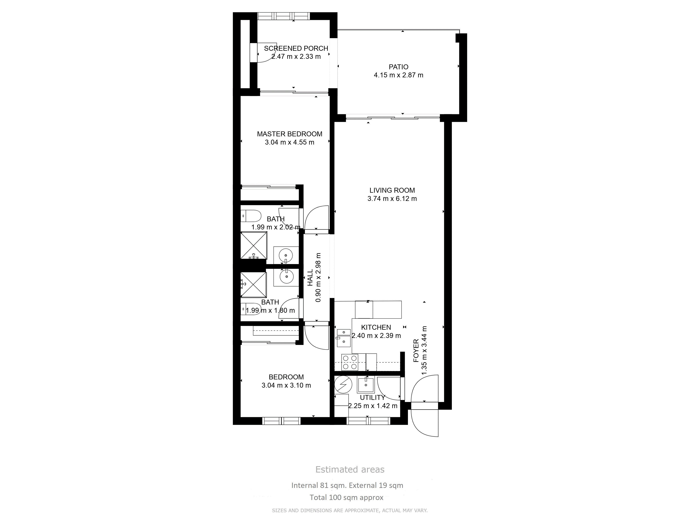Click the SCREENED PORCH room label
296,48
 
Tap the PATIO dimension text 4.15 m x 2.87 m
398,75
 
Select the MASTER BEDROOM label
290,134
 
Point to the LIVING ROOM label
392,190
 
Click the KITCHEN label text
376,327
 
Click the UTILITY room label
372,397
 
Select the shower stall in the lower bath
253,285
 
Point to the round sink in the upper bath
286,255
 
